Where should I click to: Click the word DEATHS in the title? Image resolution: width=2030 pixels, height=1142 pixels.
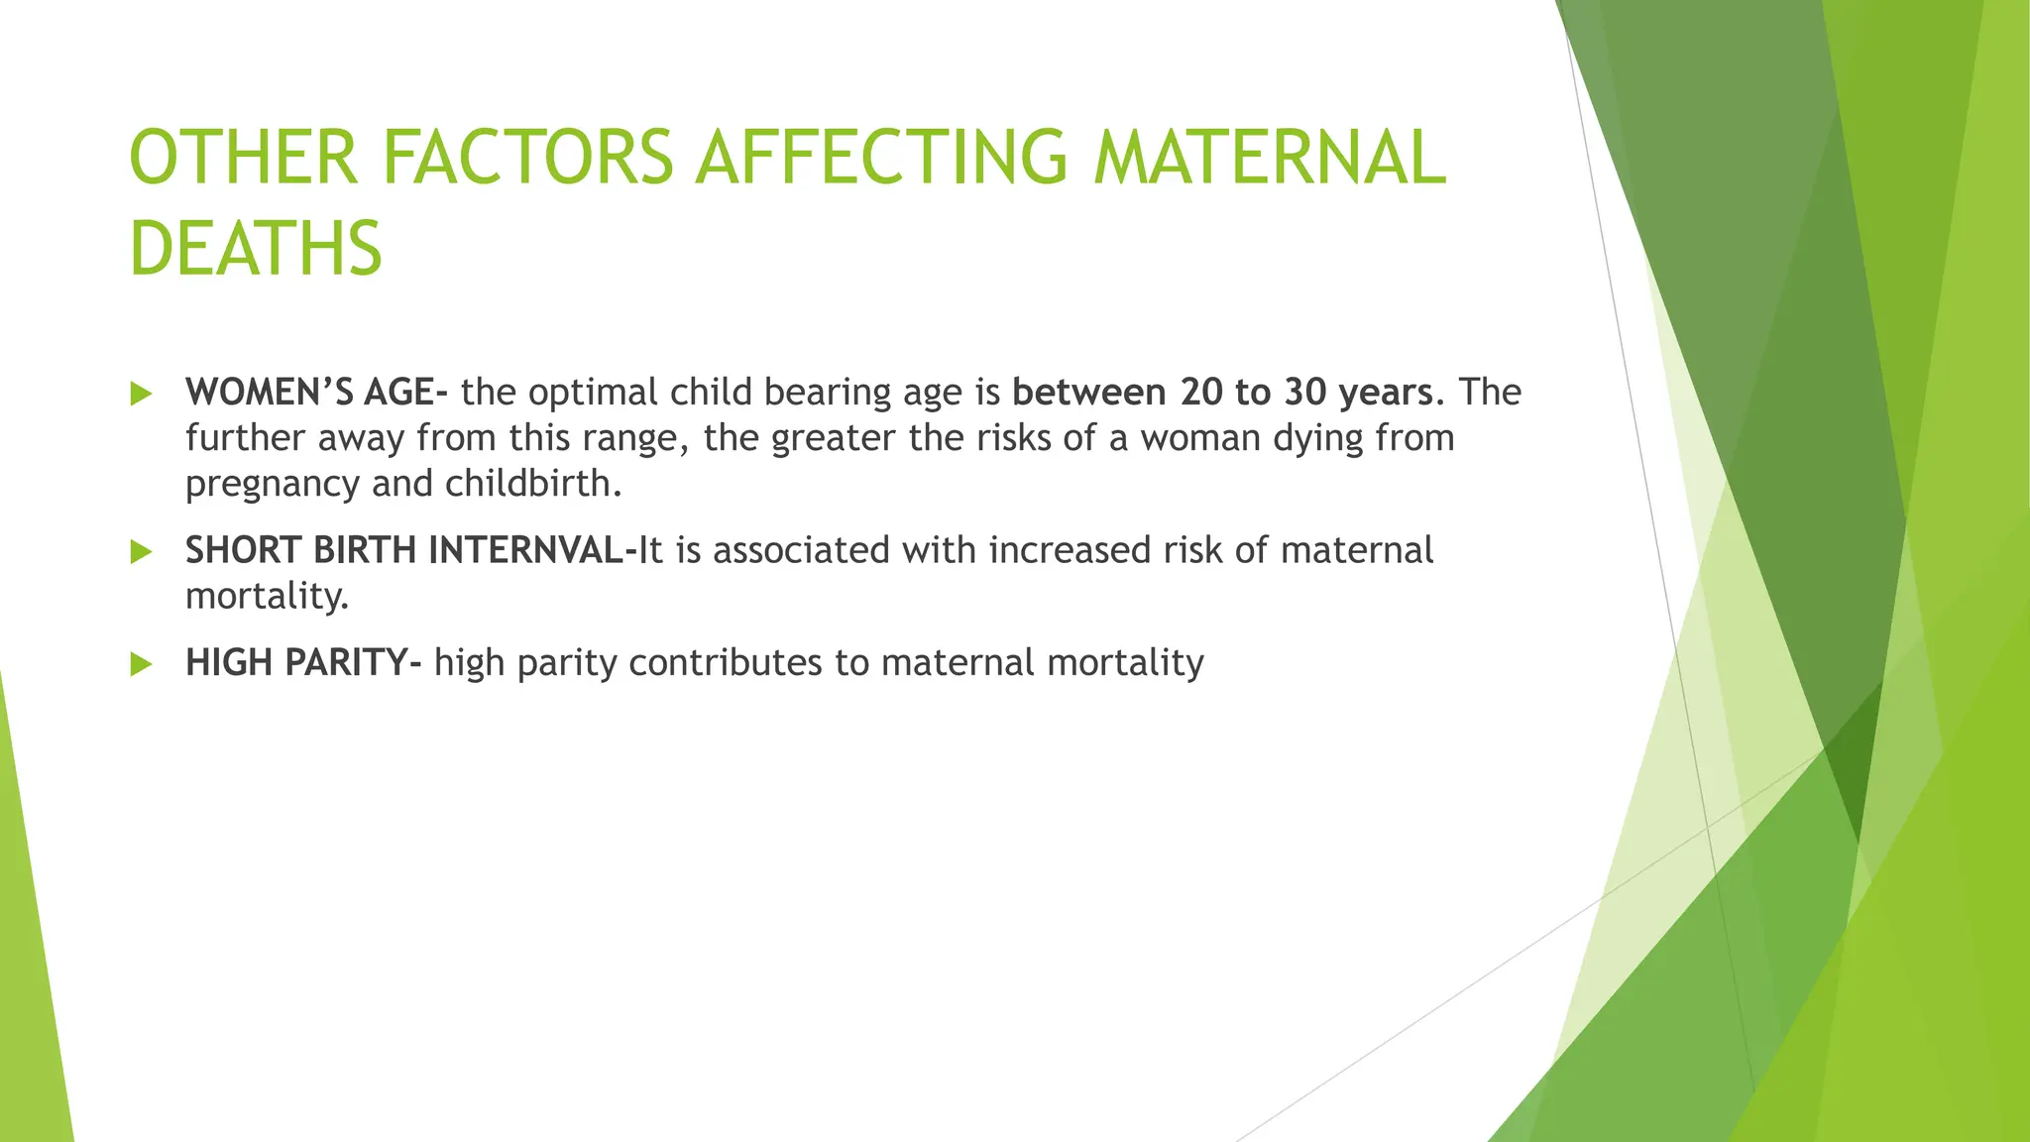(256, 248)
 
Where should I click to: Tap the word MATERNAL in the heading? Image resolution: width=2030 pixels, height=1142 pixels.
(1270, 157)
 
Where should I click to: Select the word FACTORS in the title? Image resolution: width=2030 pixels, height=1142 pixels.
(527, 157)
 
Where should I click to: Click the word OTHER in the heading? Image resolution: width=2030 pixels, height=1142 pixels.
(243, 157)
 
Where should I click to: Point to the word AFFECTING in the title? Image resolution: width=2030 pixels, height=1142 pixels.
(881, 157)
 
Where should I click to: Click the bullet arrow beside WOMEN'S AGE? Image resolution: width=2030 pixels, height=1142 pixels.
(141, 394)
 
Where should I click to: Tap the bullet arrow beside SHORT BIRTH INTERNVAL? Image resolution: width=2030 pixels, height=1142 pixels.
(141, 551)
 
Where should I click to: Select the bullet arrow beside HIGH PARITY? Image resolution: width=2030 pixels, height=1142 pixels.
(141, 664)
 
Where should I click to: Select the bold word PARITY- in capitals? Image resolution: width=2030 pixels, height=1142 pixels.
(353, 662)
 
